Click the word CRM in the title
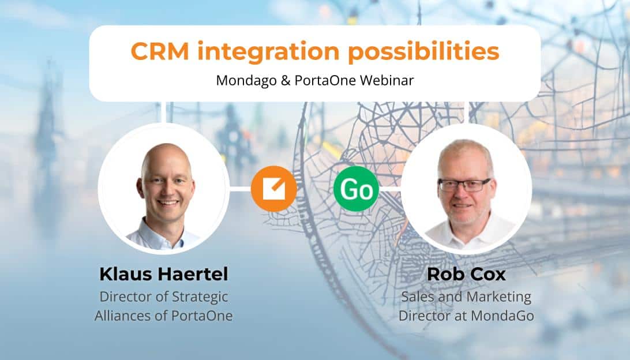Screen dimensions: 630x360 tap(160, 51)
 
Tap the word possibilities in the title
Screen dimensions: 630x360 tap(423, 51)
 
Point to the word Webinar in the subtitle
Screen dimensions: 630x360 tap(387, 80)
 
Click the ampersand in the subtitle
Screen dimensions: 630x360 tap(285, 80)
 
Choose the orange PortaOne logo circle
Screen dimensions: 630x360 tap(273, 189)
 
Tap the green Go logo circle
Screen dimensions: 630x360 tap(357, 189)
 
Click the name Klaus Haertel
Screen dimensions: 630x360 tap(163, 274)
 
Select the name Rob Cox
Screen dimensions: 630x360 tap(466, 274)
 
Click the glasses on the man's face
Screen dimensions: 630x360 tap(464, 185)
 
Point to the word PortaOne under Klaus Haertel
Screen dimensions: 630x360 tap(202, 316)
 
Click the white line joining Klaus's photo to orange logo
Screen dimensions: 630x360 tap(240, 189)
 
